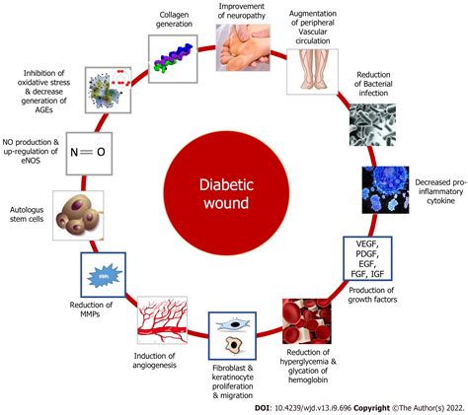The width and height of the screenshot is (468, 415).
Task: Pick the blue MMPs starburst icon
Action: click(x=101, y=277)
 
